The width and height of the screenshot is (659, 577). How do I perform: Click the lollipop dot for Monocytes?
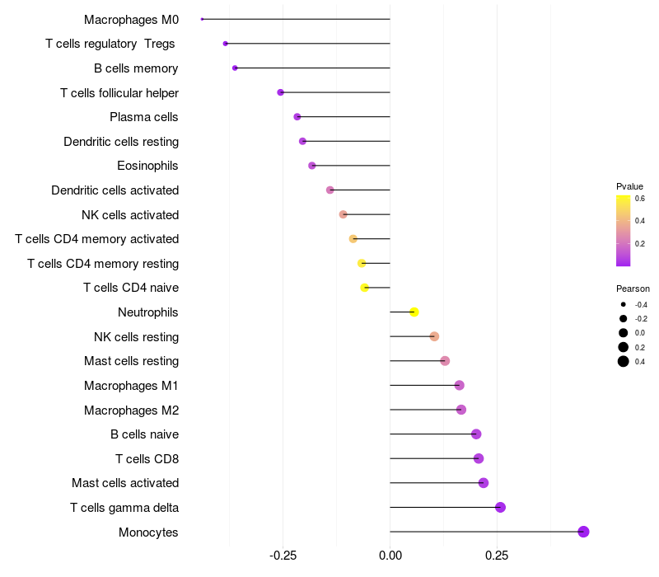(583, 532)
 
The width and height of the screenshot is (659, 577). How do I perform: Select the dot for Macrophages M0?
(202, 19)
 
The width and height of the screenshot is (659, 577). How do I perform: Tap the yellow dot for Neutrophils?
(414, 312)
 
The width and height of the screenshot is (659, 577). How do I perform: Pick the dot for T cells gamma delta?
(500, 507)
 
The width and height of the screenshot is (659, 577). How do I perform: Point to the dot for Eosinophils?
(311, 166)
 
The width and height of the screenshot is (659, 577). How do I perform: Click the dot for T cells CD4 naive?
(365, 288)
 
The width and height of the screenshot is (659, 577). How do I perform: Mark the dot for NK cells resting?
(434, 336)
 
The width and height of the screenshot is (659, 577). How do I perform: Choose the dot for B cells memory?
(235, 68)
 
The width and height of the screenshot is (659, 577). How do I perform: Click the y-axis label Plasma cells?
(144, 117)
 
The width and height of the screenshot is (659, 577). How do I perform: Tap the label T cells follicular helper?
(119, 92)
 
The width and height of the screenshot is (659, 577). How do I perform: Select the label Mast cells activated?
(125, 483)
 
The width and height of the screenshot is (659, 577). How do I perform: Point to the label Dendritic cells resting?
(121, 142)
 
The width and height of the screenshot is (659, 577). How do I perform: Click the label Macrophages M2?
(131, 410)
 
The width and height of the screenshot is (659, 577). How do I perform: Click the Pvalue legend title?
(629, 186)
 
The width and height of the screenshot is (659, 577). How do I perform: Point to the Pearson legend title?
(633, 289)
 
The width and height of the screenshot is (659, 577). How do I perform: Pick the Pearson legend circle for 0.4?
(624, 361)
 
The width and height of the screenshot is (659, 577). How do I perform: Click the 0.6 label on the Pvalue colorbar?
(639, 199)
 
